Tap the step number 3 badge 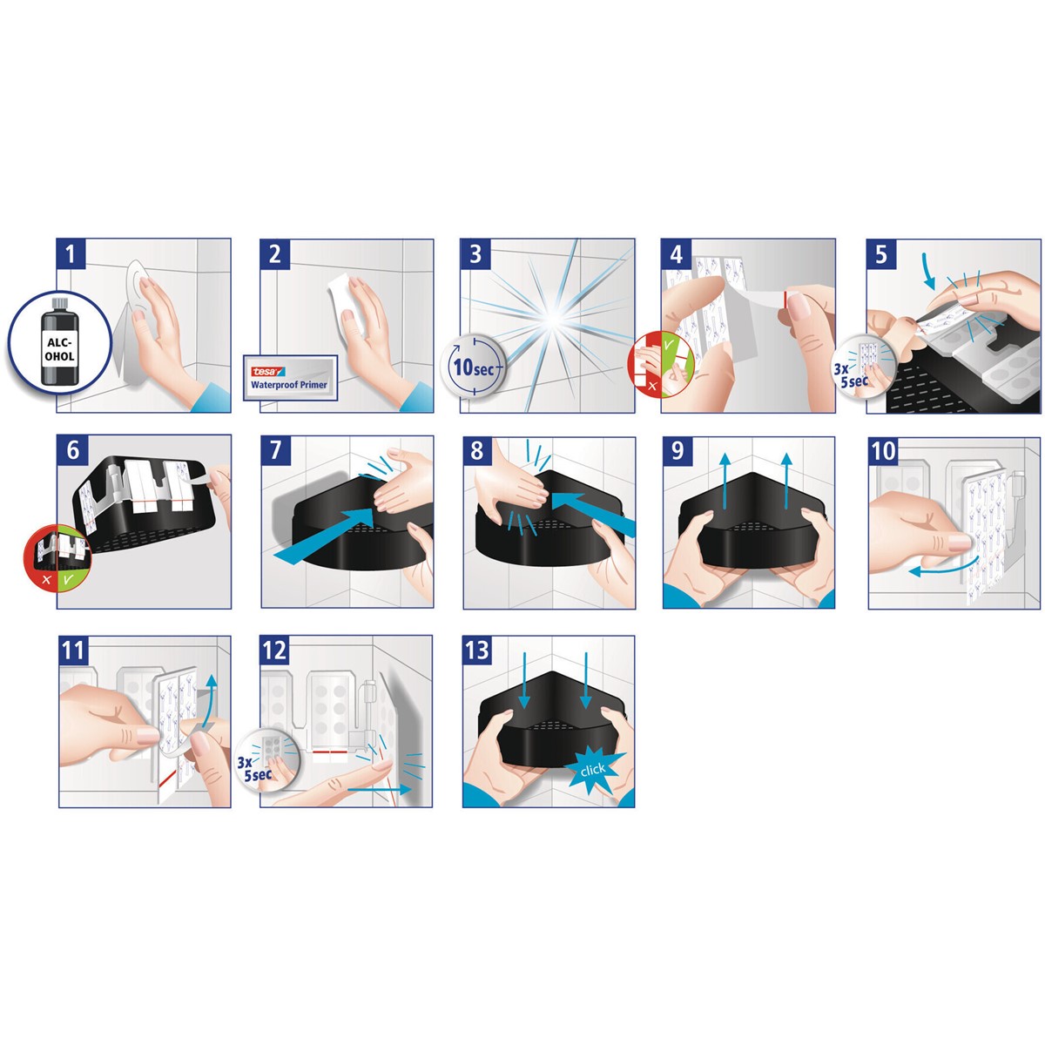[475, 253]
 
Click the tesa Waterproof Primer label [290, 377]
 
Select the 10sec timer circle [472, 367]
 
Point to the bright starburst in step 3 [553, 320]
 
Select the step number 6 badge [72, 450]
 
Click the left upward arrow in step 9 [726, 481]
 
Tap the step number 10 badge [884, 451]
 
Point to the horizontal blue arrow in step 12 [380, 789]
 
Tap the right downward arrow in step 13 [586, 681]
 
